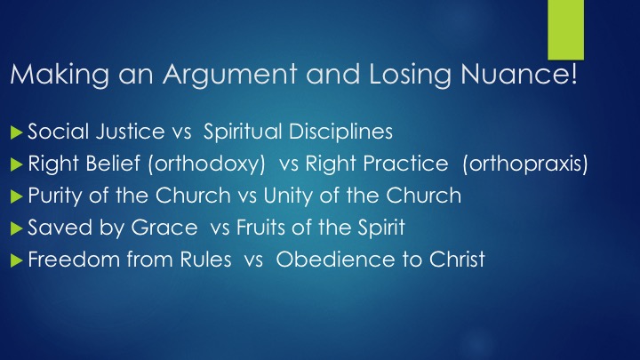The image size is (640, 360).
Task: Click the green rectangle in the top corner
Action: click(x=565, y=30)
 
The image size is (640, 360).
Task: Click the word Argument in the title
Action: click(x=230, y=75)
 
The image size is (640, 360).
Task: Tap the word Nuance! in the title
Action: click(x=519, y=74)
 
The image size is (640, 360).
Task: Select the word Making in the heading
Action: click(x=60, y=75)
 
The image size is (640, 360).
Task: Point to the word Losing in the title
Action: click(x=410, y=75)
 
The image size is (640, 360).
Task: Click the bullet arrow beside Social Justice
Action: click(x=16, y=132)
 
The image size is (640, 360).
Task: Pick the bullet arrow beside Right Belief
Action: click(x=16, y=164)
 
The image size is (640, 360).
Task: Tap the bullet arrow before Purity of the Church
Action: click(x=16, y=196)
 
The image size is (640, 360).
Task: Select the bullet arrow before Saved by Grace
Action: click(x=16, y=228)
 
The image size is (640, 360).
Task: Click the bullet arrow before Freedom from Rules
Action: click(x=16, y=260)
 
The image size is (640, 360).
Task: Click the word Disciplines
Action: click(x=340, y=132)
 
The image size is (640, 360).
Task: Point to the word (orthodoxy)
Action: click(x=206, y=164)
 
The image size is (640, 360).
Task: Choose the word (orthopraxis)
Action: click(x=525, y=164)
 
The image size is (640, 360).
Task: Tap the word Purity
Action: click(x=56, y=196)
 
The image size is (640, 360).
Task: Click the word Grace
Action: click(x=164, y=228)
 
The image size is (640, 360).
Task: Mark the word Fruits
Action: click(x=261, y=228)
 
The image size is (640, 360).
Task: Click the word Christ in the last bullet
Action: click(x=457, y=260)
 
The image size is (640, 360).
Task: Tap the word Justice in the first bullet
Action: click(x=130, y=132)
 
